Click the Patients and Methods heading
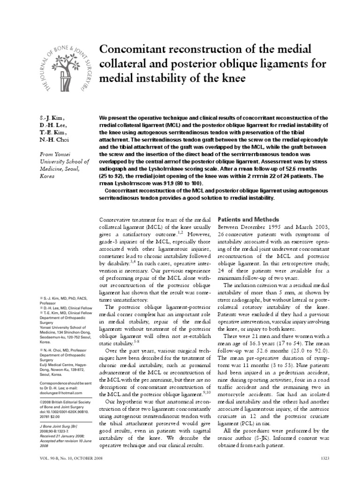248,219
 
